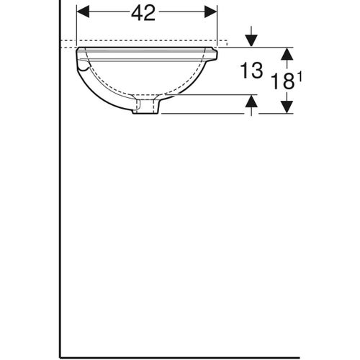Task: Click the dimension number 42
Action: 144,13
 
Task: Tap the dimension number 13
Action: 251,71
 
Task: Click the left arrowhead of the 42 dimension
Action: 81,12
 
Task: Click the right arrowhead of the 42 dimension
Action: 212,12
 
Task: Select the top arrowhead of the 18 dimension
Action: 287,53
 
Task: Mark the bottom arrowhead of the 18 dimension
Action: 287,107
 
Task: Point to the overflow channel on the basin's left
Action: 85,68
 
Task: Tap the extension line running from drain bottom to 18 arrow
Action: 216,113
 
